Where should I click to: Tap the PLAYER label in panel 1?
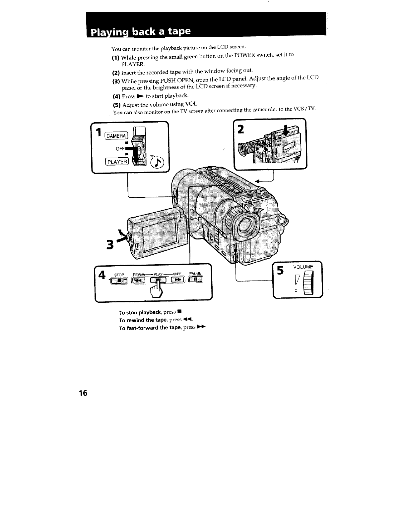[x=116, y=162]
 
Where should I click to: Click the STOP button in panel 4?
[x=119, y=281]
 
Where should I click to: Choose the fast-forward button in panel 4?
[x=177, y=280]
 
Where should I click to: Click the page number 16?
[x=83, y=393]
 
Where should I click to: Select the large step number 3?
[x=110, y=245]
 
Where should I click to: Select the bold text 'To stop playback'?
[x=139, y=312]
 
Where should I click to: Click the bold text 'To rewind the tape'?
[x=143, y=320]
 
